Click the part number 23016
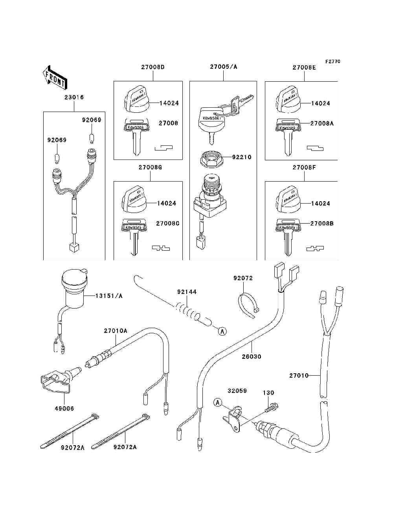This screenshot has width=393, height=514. [74, 97]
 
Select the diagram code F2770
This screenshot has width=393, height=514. [332, 61]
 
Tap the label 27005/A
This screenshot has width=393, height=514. [223, 67]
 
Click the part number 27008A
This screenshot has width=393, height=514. [321, 123]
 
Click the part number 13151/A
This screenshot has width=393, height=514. [109, 296]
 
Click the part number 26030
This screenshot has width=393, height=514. [252, 356]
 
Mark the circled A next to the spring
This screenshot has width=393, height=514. [222, 331]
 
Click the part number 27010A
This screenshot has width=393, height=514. [116, 331]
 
